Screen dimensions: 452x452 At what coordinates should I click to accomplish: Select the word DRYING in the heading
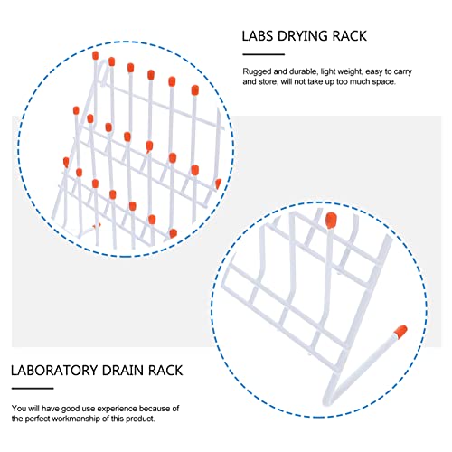point(304,38)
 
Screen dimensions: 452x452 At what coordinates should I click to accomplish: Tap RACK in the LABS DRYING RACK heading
point(348,38)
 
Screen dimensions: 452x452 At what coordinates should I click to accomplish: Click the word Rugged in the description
point(257,71)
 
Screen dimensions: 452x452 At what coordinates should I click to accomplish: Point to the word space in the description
point(402,82)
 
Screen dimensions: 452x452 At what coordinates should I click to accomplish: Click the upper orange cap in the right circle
point(330,219)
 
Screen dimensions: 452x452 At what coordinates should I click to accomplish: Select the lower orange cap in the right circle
point(399,332)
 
